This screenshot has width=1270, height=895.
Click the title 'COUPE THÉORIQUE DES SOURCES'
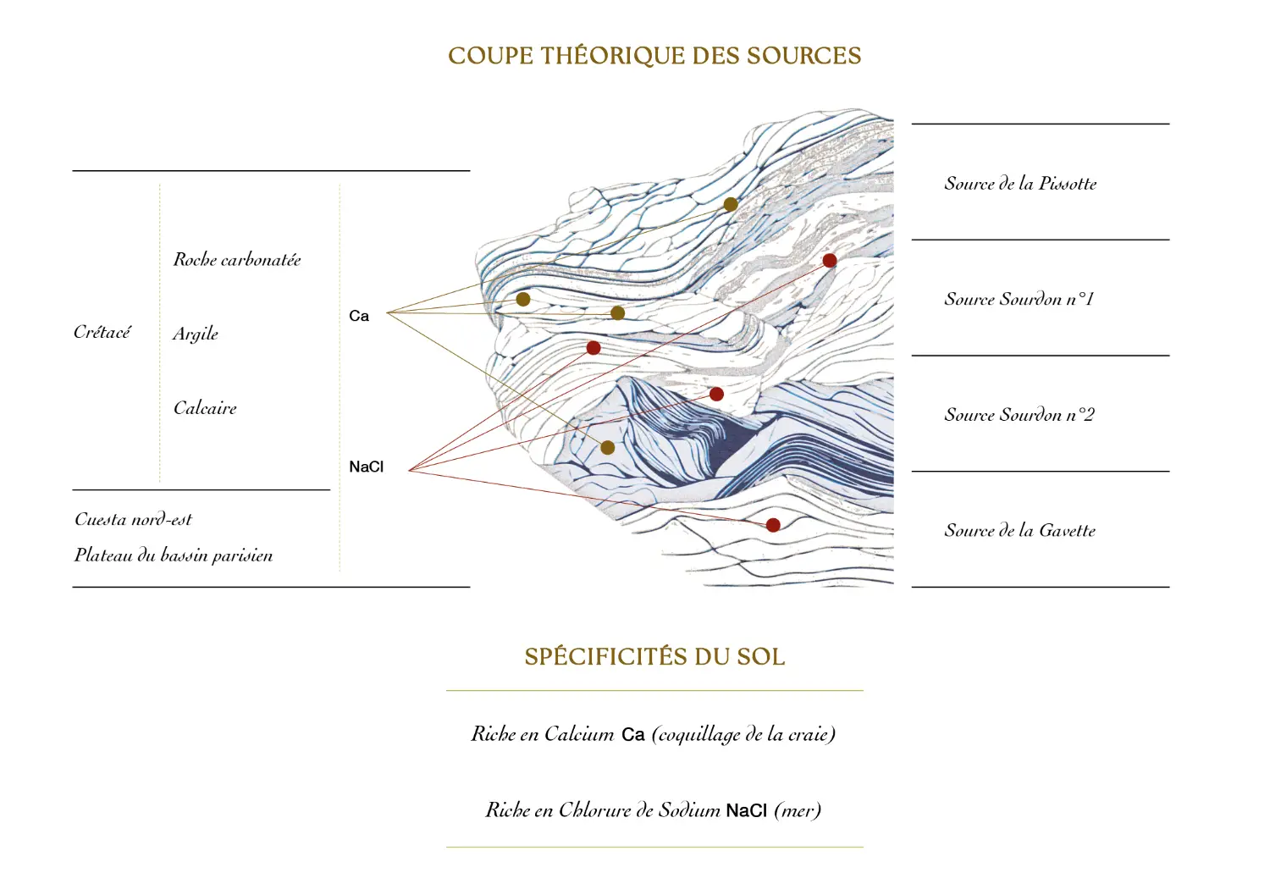tap(654, 56)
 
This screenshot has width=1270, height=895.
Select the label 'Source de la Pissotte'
tap(1020, 184)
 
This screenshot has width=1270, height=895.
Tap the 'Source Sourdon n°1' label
tap(1019, 299)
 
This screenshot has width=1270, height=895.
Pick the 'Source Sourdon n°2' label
tap(1019, 415)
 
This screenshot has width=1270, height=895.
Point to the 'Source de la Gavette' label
tap(1019, 531)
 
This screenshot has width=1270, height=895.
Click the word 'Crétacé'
tap(102, 332)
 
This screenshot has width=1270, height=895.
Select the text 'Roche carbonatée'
tap(237, 260)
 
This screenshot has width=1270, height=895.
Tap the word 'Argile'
tap(196, 334)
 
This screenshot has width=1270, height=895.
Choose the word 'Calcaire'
tap(205, 408)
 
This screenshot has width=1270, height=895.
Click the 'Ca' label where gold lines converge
tap(359, 316)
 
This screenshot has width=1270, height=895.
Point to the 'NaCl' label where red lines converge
tap(367, 467)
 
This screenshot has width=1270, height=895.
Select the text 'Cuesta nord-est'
tap(133, 519)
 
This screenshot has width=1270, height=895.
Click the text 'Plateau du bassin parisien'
tap(174, 555)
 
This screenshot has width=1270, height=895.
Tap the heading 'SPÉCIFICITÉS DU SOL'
tap(654, 657)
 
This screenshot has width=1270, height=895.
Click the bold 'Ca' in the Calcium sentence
tap(633, 735)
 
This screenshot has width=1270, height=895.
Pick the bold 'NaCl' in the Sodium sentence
tap(747, 811)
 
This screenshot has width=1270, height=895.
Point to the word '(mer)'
tap(798, 811)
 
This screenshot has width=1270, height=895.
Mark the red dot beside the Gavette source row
tap(773, 525)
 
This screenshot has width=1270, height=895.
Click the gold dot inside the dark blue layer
tap(608, 448)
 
